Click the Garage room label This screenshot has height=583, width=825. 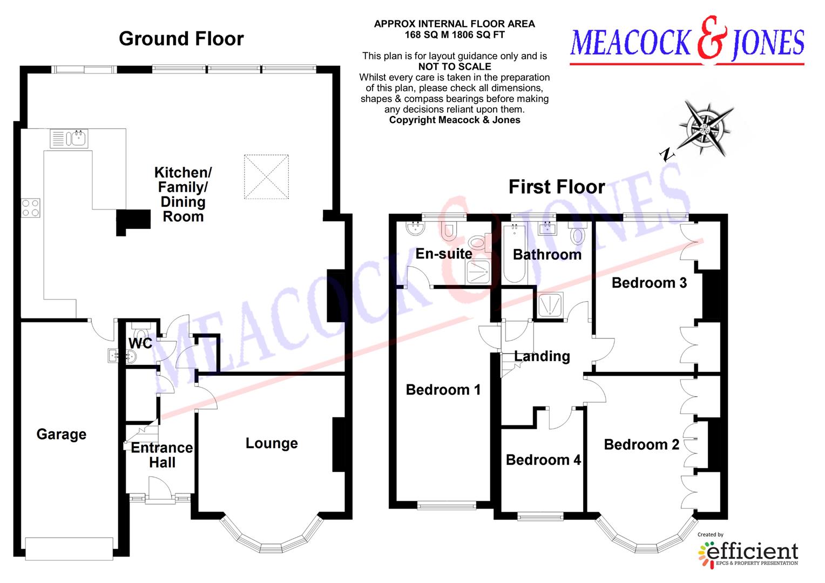pos(61,435)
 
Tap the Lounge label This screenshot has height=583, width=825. pos(272,443)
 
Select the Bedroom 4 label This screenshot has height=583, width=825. pos(543,460)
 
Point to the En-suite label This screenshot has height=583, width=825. pos(444,254)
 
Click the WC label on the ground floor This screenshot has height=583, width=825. pos(140,343)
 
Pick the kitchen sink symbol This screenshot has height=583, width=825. pos(69,138)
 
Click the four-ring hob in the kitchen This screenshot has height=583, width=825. pos(31,207)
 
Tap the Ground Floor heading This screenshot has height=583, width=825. pos(181,39)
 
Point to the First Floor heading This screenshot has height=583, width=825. pos(557,187)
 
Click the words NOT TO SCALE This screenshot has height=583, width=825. pos(455,67)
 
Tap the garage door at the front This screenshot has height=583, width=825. pos(69,548)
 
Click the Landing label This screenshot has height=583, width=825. pos(542,356)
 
